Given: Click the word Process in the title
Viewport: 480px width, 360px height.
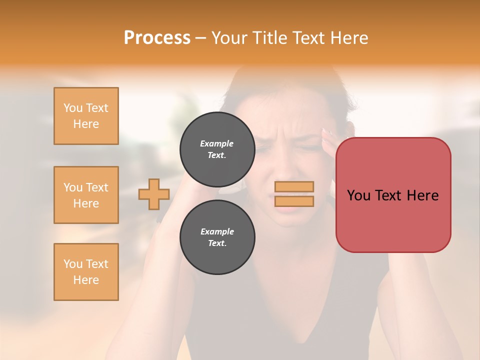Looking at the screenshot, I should point(157,38).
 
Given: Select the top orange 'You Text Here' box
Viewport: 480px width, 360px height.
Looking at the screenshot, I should point(86,116).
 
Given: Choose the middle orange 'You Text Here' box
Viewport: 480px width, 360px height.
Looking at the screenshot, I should point(86,195).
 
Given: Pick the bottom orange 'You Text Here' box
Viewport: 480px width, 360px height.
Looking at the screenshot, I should point(86,272).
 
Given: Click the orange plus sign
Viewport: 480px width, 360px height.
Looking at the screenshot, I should point(154,194).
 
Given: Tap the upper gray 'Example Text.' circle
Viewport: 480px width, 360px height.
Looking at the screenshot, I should point(217,149).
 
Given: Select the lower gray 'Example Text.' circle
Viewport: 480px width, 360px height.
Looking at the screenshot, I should point(217,237).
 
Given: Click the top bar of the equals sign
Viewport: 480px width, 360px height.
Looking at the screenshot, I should point(294,187).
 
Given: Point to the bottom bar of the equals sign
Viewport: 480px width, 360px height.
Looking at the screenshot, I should point(294,201).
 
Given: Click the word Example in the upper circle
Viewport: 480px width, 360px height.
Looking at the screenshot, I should point(217,143).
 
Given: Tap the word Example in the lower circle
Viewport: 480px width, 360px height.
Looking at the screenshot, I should point(217,231).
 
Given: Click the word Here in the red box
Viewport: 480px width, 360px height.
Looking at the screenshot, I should point(422,195).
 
